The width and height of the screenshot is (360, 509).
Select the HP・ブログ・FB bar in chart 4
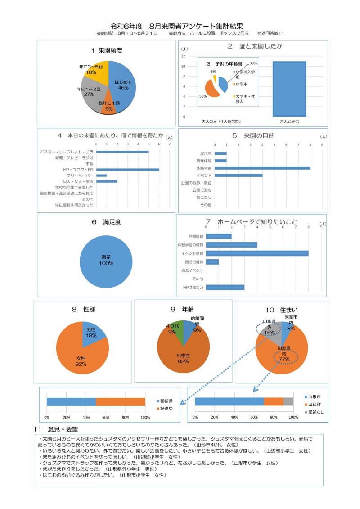click(x=128, y=169)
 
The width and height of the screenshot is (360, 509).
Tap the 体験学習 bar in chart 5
click(x=262, y=168)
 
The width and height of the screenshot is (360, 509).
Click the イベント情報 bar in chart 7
click(x=257, y=253)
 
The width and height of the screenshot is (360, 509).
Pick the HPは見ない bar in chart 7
click(x=225, y=287)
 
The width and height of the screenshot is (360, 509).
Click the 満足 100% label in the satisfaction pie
click(x=106, y=260)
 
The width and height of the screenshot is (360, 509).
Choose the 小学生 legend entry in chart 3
click(x=241, y=84)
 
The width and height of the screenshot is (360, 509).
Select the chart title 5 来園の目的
click(x=253, y=135)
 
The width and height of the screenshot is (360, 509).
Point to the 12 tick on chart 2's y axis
click(x=183, y=56)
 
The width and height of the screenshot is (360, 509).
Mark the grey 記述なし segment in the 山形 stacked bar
click(x=288, y=401)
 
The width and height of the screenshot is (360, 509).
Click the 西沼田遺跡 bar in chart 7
click(x=212, y=261)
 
